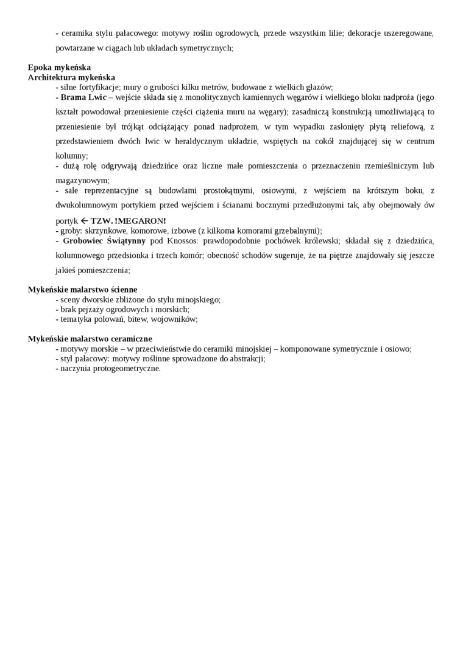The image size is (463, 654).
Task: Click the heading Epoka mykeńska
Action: click(x=59, y=68)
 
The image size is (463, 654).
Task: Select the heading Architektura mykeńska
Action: click(x=71, y=77)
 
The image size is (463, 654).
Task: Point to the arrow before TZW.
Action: click(x=85, y=220)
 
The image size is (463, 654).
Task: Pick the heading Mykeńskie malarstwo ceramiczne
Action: click(x=90, y=339)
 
